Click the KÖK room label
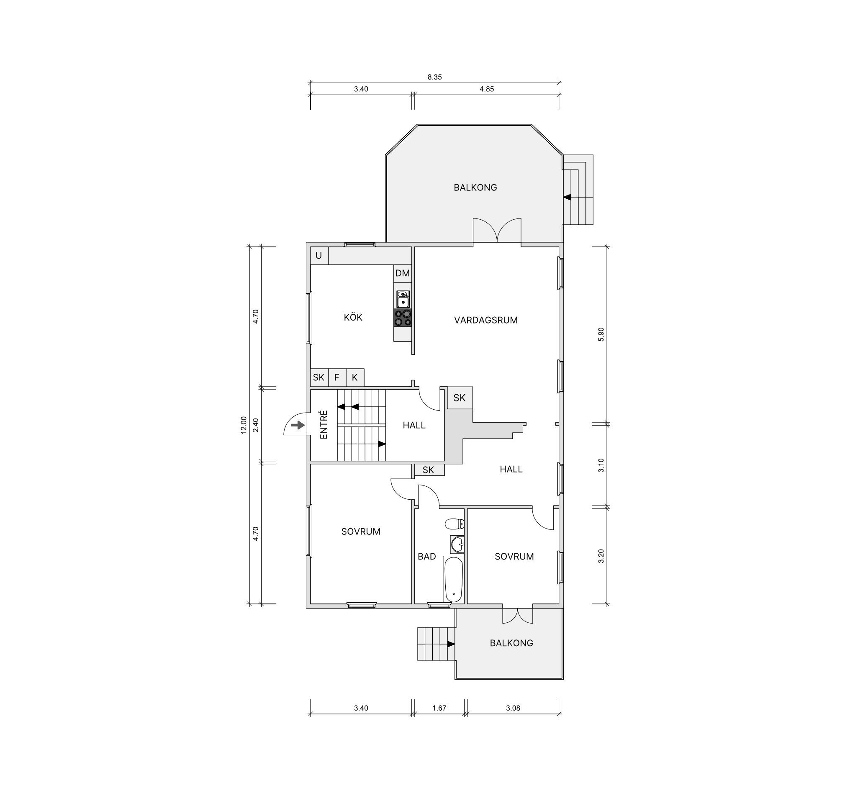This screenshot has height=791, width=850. pyautogui.click(x=353, y=317)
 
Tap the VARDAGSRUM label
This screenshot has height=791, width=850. pyautogui.click(x=486, y=320)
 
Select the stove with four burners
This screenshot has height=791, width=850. pyautogui.click(x=402, y=318)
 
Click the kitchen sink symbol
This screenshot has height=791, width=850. pyautogui.click(x=403, y=299)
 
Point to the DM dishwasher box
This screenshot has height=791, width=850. pyautogui.click(x=402, y=273)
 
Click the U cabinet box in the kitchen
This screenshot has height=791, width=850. pyautogui.click(x=319, y=256)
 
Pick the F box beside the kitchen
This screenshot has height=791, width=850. pyautogui.click(x=337, y=378)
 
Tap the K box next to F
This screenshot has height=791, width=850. pyautogui.click(x=355, y=378)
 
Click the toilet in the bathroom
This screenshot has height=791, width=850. pyautogui.click(x=455, y=523)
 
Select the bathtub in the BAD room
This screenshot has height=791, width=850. pyautogui.click(x=453, y=579)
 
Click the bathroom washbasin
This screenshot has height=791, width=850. pyautogui.click(x=457, y=544)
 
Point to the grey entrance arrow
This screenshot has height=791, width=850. pyautogui.click(x=298, y=426)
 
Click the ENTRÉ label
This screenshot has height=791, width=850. pyautogui.click(x=324, y=424)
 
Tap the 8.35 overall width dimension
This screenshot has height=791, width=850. pyautogui.click(x=434, y=77)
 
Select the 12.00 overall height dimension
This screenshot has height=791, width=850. pyautogui.click(x=244, y=425)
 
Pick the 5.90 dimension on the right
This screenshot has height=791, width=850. pyautogui.click(x=601, y=334)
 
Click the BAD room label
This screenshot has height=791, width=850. pyautogui.click(x=427, y=556)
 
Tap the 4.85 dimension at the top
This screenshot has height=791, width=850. pyautogui.click(x=487, y=89)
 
